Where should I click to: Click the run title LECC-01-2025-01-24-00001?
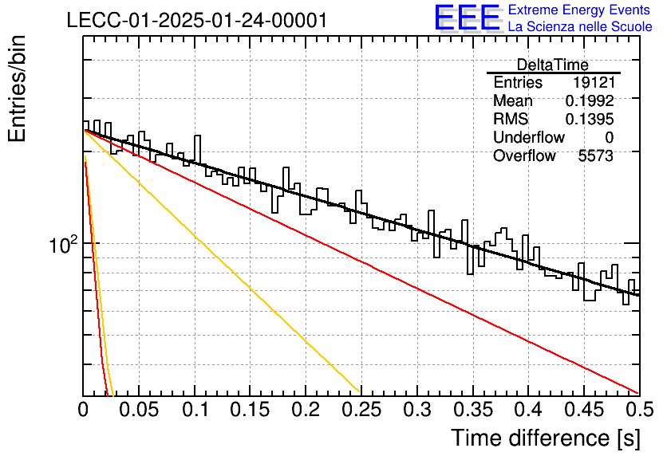[197, 20]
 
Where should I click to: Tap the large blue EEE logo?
[467, 18]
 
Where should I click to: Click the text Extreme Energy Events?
[579, 10]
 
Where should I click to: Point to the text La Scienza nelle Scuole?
[580, 26]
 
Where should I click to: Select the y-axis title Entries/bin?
[17, 88]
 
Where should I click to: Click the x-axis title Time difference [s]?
[546, 438]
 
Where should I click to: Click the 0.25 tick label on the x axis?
[361, 410]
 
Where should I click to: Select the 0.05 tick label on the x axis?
[139, 410]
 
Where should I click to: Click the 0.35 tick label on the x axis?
[472, 410]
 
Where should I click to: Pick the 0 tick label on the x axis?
[83, 410]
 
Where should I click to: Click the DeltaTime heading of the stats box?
[553, 65]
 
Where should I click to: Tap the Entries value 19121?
[594, 82]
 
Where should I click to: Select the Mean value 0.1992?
[590, 100]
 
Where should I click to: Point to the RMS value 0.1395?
[590, 119]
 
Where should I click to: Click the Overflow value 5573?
[596, 156]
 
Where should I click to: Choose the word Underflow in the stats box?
[529, 137]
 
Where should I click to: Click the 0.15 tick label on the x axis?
[250, 410]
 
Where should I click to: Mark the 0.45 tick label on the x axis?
[584, 410]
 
